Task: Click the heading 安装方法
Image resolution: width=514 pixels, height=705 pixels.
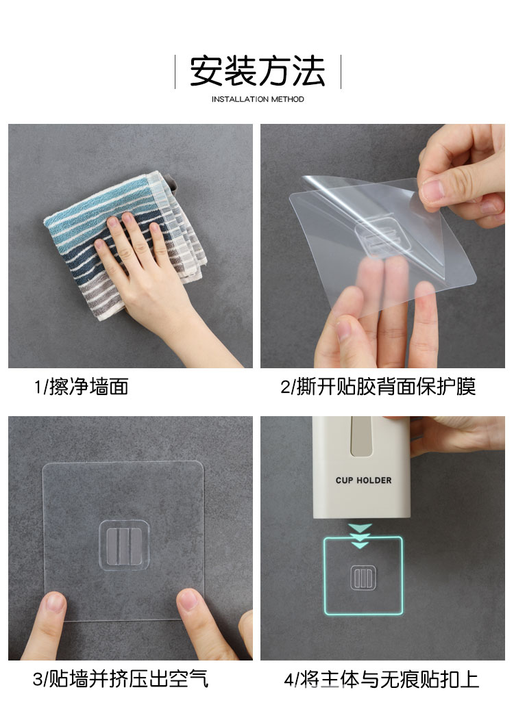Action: [x=257, y=71]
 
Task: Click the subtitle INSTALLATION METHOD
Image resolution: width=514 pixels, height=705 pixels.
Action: [x=258, y=99]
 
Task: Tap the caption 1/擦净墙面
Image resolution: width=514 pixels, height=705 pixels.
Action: [x=82, y=387]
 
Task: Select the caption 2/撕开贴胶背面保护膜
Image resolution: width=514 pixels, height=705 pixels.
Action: [x=378, y=387]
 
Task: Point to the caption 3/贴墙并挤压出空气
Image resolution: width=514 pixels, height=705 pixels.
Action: [x=121, y=679]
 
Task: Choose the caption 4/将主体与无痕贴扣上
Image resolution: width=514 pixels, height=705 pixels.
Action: [x=381, y=679]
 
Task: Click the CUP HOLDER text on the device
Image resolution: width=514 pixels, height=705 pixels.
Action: [x=364, y=480]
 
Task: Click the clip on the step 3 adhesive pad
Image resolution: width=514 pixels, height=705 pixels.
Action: [x=124, y=545]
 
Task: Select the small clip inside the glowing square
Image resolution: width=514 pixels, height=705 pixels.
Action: [x=363, y=578]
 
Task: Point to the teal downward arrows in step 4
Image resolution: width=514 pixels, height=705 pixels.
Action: [x=360, y=536]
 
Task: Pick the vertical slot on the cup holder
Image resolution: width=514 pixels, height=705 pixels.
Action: [x=362, y=436]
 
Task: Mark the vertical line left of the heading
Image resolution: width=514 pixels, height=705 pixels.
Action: [x=175, y=72]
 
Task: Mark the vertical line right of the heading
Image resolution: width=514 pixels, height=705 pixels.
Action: [x=341, y=72]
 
